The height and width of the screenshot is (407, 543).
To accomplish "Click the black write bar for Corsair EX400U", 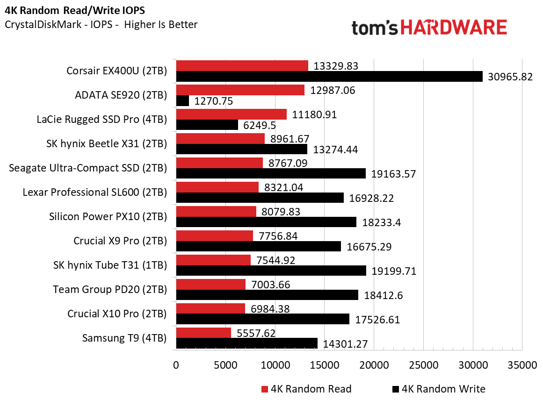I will point(329,77).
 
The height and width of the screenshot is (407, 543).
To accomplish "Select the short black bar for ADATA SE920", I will point(182,100).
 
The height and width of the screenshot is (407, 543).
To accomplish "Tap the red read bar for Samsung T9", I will point(203,333).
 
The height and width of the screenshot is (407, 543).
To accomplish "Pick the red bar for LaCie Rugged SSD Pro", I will point(231,114).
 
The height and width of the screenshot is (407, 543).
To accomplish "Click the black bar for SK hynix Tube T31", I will point(271,271).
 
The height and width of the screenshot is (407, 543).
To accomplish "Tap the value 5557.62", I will point(255,333).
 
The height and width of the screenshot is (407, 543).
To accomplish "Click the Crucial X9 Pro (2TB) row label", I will point(120,241).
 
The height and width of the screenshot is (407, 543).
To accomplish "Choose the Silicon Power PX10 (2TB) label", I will point(108,217).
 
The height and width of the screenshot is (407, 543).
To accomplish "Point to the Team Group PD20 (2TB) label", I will point(110,290).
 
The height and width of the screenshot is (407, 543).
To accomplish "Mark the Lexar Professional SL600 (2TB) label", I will point(94,193).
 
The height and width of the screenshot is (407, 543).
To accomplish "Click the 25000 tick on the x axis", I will point(423,365).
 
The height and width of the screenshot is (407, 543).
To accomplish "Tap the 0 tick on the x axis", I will point(176,365).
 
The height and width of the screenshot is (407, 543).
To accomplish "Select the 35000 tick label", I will point(522,365).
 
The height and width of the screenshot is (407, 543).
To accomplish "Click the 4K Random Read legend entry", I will point(306,389).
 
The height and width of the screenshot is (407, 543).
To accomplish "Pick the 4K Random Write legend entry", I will point(438,389).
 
